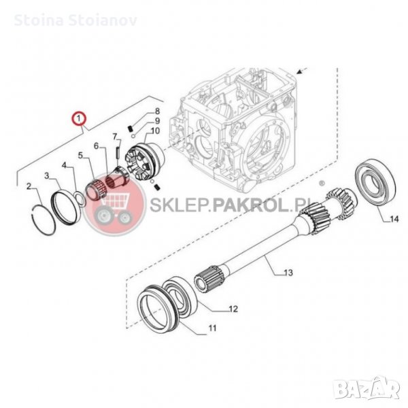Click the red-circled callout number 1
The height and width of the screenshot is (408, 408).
coord(80,119)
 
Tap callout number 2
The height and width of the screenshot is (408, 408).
coord(29,186)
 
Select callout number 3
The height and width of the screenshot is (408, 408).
coord(47,175)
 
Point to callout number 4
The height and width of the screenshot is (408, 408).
coord(65,165)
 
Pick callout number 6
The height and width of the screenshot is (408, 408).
coord(96,146)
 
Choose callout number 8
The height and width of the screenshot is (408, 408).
coord(156,110)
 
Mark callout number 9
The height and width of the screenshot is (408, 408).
coord(156,120)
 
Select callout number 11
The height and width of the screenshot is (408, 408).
coord(211,328)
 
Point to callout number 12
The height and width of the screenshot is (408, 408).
coord(233,309)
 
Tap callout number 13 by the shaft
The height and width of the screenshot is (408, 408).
coord(288,273)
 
